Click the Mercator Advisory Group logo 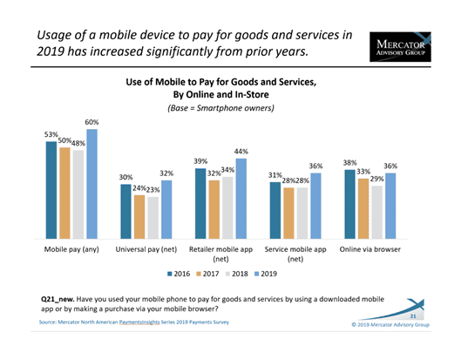click(400, 47)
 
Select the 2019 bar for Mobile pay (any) click(92, 184)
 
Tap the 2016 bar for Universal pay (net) click(125, 211)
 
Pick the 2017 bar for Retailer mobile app click(214, 209)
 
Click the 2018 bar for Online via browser click(377, 212)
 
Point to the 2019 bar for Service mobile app click(315, 206)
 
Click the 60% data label click(92, 122)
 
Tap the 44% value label click(241, 152)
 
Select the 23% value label click(153, 190)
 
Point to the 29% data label click(377, 179)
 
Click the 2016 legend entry click(179, 274)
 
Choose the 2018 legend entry click(237, 274)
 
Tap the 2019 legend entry click(266, 274)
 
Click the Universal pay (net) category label click(146, 249)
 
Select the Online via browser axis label click(370, 249)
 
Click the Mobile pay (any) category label click(71, 249)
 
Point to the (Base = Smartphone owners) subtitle click(220, 108)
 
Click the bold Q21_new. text click(58, 299)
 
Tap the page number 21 click(413, 316)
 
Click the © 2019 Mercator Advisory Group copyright click(390, 325)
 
